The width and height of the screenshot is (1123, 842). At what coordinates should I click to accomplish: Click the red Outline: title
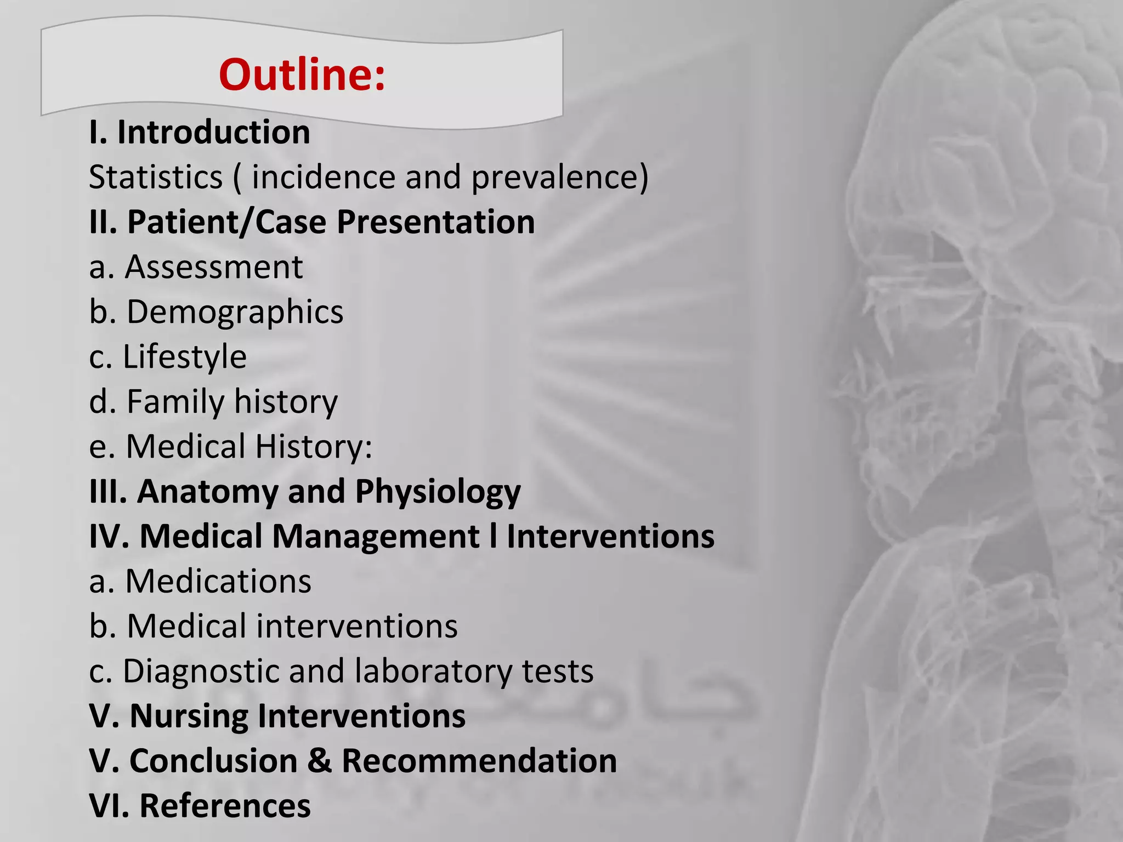coord(302,75)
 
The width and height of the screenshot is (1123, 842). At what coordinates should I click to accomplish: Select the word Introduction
coord(213,133)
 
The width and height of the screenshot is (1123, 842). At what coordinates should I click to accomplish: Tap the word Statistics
coord(156,178)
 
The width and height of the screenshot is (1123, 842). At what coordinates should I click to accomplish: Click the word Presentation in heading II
coord(435,223)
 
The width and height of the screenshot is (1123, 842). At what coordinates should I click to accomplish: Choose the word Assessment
coord(214,268)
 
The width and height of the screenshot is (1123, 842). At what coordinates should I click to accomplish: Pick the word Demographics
coord(235,312)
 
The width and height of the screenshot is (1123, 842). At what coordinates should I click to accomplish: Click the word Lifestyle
coord(185,357)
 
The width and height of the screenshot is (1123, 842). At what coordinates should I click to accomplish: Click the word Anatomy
coord(208,492)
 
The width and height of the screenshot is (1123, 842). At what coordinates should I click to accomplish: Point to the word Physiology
coord(438,492)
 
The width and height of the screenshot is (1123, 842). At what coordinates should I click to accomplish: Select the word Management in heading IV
coord(376,537)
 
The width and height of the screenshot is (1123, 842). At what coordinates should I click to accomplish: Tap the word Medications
coord(218,581)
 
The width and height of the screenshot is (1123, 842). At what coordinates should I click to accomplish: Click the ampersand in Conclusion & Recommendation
coord(320,761)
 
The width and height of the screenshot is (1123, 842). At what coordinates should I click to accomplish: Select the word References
coord(225,806)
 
